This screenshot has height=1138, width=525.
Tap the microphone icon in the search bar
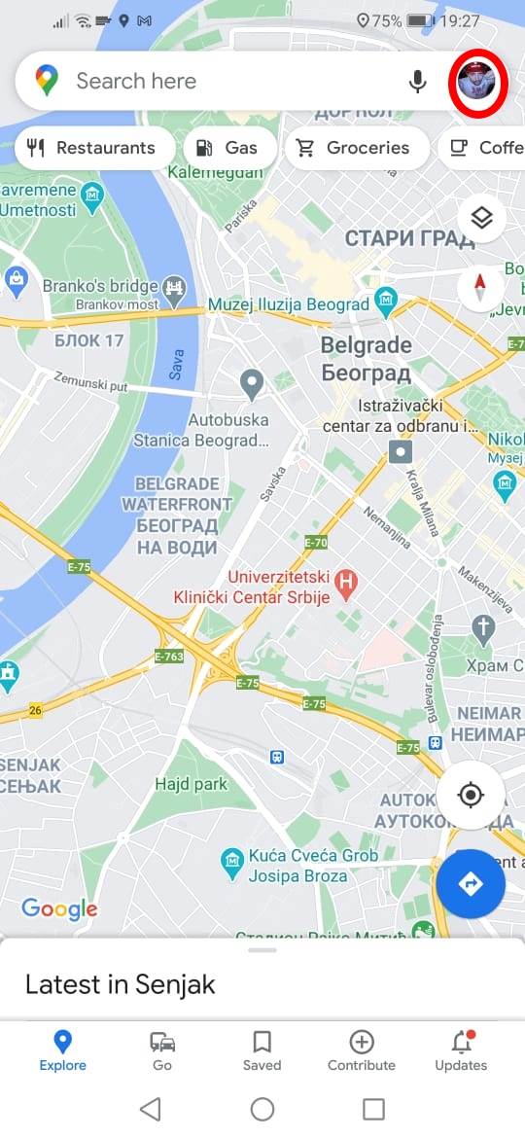tap(418, 82)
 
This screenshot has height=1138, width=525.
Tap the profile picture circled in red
tap(477, 82)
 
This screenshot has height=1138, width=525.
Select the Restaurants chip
tap(93, 148)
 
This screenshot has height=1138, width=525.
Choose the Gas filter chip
tap(227, 148)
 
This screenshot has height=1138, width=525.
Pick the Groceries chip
tap(354, 148)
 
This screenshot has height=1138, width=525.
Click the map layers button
tap(481, 219)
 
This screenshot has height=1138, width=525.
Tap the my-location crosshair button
tap(471, 795)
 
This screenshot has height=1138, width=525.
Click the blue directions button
tap(471, 883)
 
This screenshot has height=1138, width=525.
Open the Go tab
tap(162, 1050)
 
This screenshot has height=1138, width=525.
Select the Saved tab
tap(262, 1050)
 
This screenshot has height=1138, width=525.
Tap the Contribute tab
tap(362, 1050)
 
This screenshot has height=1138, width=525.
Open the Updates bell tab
tap(461, 1050)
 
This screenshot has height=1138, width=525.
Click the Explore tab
tap(63, 1050)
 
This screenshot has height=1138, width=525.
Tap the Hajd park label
tap(192, 784)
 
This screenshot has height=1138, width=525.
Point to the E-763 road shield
tap(169, 657)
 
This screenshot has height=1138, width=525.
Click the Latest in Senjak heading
tap(121, 984)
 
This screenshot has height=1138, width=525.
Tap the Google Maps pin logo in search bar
tap(47, 82)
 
